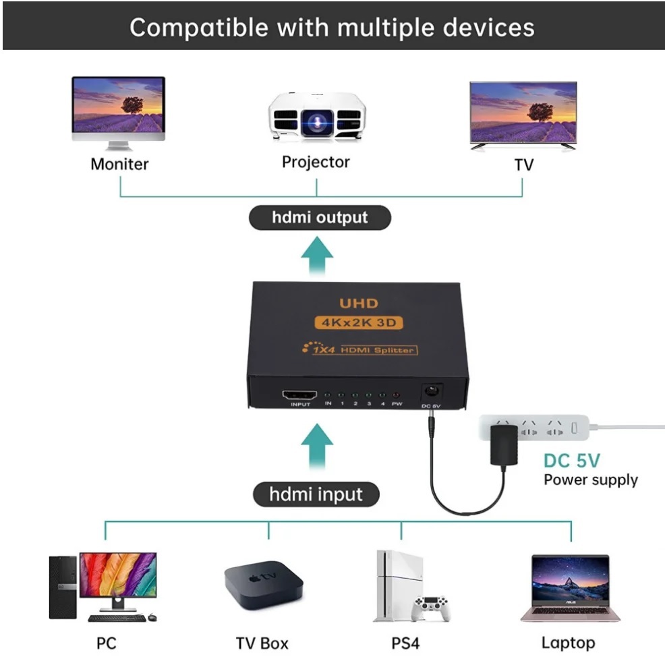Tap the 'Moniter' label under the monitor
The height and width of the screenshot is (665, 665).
pyautogui.click(x=119, y=164)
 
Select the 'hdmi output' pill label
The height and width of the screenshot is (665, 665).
pyautogui.click(x=320, y=218)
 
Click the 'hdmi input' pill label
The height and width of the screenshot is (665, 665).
pyautogui.click(x=316, y=494)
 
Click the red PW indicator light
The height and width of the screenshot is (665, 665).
pyautogui.click(x=397, y=395)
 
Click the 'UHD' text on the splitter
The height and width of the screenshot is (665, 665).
pyautogui.click(x=358, y=303)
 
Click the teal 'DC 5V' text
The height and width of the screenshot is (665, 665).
pyautogui.click(x=571, y=461)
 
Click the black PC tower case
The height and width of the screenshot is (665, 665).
pyautogui.click(x=63, y=587)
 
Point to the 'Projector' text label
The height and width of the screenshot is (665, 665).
pyautogui.click(x=316, y=162)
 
